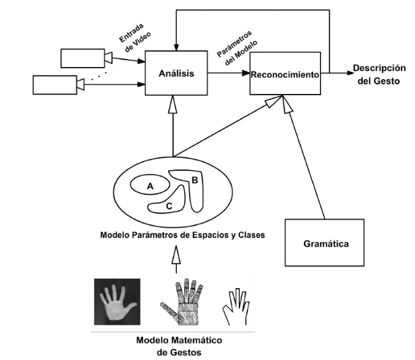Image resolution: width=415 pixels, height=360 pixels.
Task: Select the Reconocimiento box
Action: (285, 74)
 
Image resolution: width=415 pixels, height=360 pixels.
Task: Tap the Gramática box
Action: (325, 243)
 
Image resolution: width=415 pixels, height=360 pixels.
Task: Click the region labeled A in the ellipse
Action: (149, 184)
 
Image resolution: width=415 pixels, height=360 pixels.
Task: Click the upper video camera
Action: (83, 57)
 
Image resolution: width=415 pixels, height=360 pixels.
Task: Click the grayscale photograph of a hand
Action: (117, 302)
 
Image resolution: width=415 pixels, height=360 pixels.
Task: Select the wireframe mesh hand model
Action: (182, 302)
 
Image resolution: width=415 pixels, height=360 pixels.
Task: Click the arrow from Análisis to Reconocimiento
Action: (228, 74)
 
